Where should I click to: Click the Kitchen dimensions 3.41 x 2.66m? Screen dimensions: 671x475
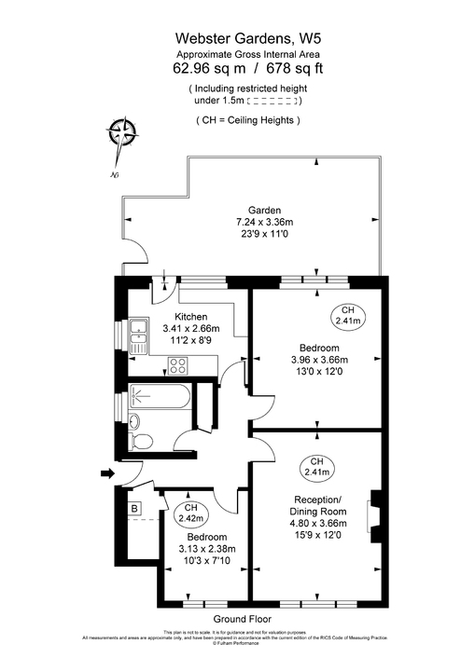click(190, 328)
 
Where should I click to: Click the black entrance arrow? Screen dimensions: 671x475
click(106, 474)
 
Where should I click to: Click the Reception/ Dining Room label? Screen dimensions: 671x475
click(316, 504)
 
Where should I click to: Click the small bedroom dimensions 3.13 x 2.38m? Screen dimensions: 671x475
click(205, 549)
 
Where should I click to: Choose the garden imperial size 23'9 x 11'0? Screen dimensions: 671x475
click(263, 235)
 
